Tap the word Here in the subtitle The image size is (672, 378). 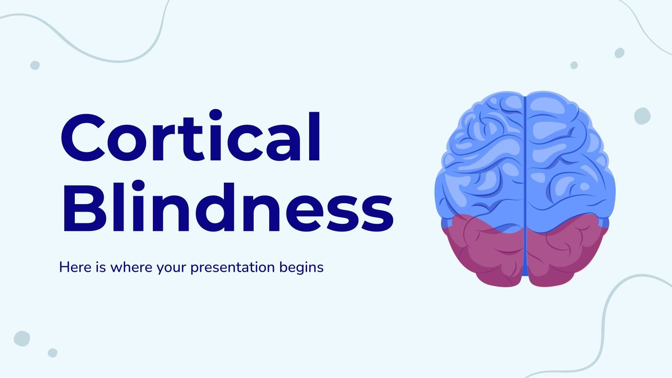point(76,267)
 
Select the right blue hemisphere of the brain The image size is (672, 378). point(567,160)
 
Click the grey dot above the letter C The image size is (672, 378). point(35,65)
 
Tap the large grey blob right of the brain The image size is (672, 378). point(642,116)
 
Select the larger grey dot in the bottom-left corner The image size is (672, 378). point(22,339)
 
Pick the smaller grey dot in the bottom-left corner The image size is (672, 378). point(52,353)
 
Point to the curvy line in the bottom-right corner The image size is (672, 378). point(605,319)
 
